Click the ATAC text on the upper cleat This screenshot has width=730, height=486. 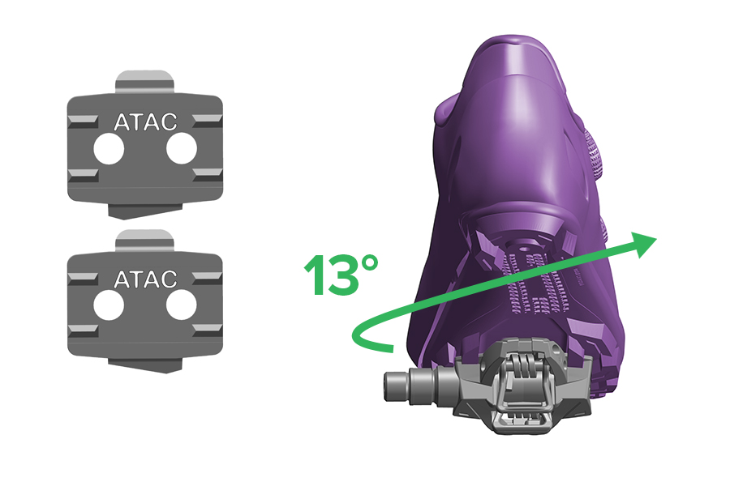[145, 122]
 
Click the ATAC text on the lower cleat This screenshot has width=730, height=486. [145, 279]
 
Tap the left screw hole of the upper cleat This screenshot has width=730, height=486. [109, 149]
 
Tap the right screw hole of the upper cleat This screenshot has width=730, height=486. [182, 149]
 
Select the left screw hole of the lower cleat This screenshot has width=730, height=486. [109, 305]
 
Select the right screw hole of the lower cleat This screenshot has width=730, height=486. [182, 305]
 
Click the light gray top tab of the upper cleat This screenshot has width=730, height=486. [145, 82]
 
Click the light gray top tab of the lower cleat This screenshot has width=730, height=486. [145, 241]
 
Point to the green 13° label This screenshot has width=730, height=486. [341, 275]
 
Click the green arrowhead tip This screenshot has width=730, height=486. [656, 238]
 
